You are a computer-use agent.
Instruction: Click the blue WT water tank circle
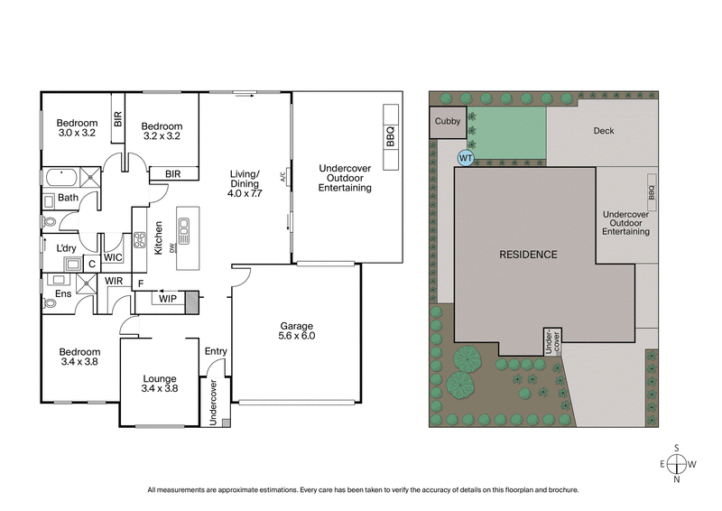click(x=466, y=158)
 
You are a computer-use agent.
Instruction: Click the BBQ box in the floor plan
click(x=391, y=136)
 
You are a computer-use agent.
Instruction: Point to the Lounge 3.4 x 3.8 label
click(x=159, y=385)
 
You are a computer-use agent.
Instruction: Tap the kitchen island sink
click(x=184, y=234)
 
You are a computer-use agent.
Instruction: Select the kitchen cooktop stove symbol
click(x=140, y=240)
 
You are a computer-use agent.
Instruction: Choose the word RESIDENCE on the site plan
click(x=528, y=255)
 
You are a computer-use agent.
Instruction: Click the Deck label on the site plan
click(x=603, y=131)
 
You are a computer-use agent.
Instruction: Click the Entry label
click(x=216, y=351)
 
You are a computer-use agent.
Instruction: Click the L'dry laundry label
click(x=67, y=248)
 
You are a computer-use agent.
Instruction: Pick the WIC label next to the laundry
click(x=114, y=258)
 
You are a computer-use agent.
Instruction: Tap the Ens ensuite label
click(x=64, y=293)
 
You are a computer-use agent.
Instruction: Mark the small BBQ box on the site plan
click(x=652, y=193)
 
